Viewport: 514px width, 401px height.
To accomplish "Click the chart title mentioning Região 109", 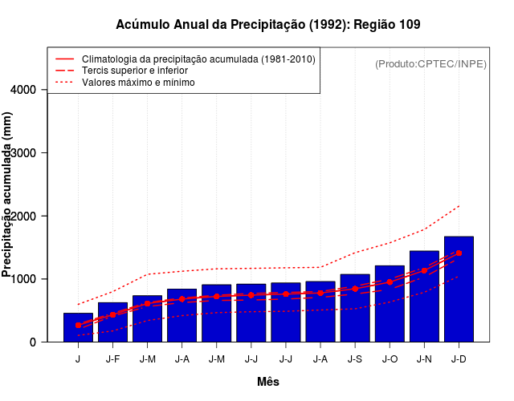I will [x=268, y=25].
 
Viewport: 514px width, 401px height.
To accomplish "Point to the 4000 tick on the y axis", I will [x=24, y=90].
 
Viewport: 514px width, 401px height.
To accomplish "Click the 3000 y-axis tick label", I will [x=24, y=153].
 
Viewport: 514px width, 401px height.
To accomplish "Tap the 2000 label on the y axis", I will [x=24, y=217].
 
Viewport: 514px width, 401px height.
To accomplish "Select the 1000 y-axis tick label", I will [x=24, y=279].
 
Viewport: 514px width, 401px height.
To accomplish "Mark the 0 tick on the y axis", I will [x=32, y=342].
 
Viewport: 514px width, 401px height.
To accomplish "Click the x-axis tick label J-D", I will [x=459, y=359].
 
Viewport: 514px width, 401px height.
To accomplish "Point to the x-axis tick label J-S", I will [x=355, y=359].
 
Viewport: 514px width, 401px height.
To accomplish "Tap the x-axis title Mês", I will [x=268, y=383].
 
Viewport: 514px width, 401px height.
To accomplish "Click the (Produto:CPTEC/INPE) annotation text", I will [x=430, y=63].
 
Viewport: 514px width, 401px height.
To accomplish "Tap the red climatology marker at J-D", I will [x=459, y=253].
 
